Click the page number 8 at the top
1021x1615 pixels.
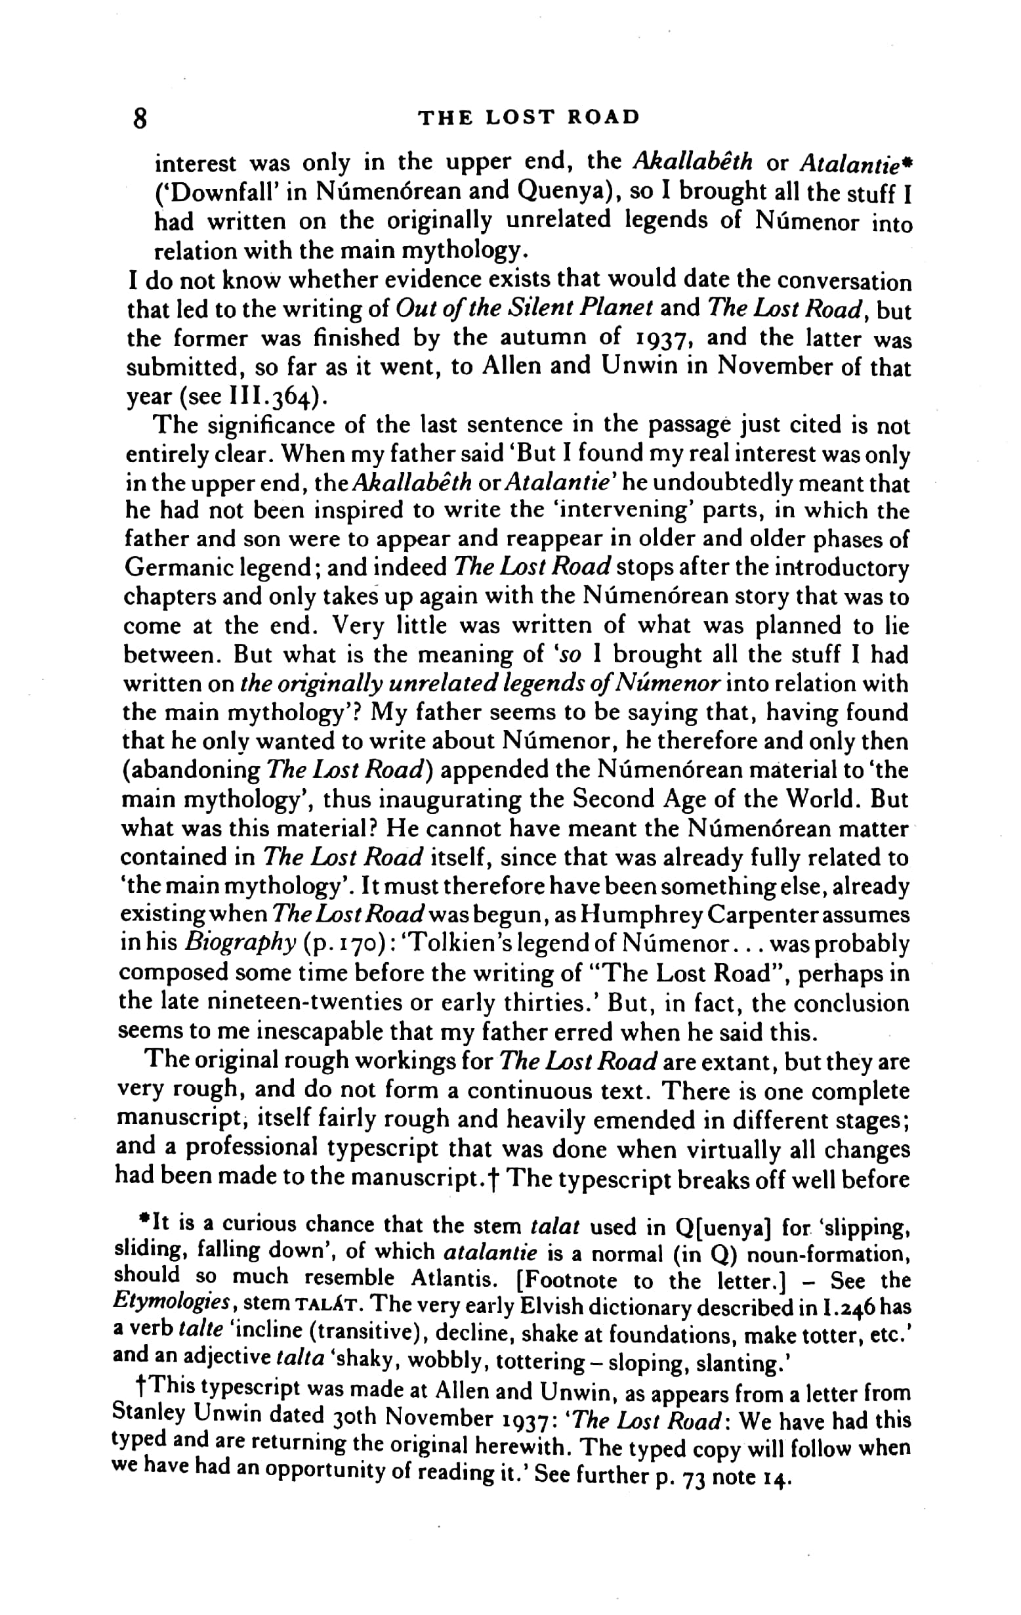tap(140, 119)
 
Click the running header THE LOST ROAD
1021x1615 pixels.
tap(529, 118)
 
